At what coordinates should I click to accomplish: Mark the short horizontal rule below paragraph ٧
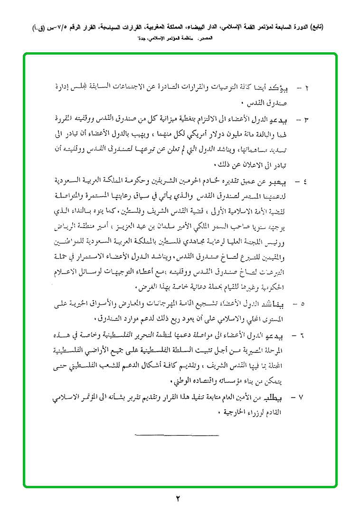(x=177, y=434)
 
